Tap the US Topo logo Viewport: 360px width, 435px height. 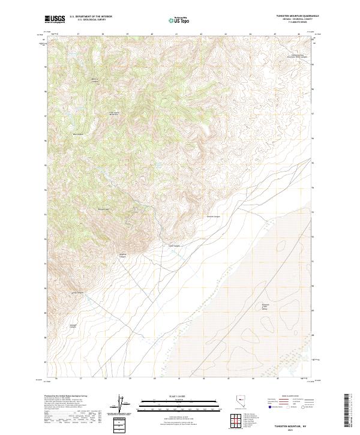pos(179,20)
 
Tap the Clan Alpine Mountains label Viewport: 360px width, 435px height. pos(115,113)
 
